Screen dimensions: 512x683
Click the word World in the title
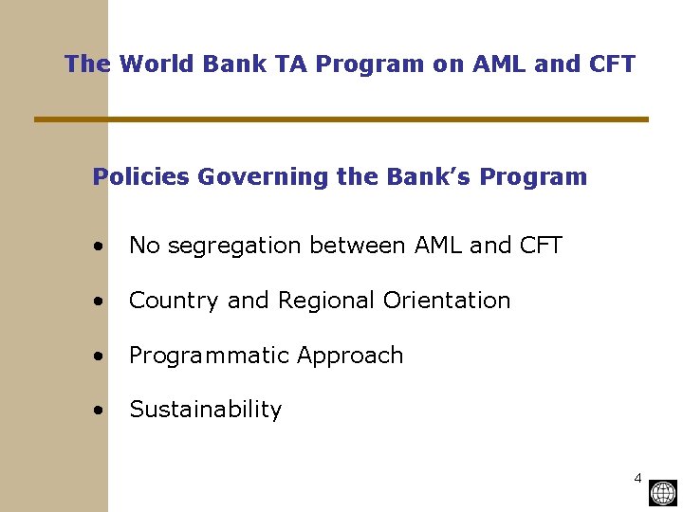(x=154, y=64)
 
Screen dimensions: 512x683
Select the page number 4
(x=637, y=477)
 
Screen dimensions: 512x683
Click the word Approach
(x=350, y=356)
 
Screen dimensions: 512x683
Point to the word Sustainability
(x=206, y=410)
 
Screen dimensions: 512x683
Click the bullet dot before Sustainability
(x=100, y=411)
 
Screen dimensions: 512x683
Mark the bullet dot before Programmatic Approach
(x=100, y=357)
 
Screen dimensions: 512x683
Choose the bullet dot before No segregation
(x=100, y=247)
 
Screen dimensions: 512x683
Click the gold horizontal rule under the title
(x=341, y=119)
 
